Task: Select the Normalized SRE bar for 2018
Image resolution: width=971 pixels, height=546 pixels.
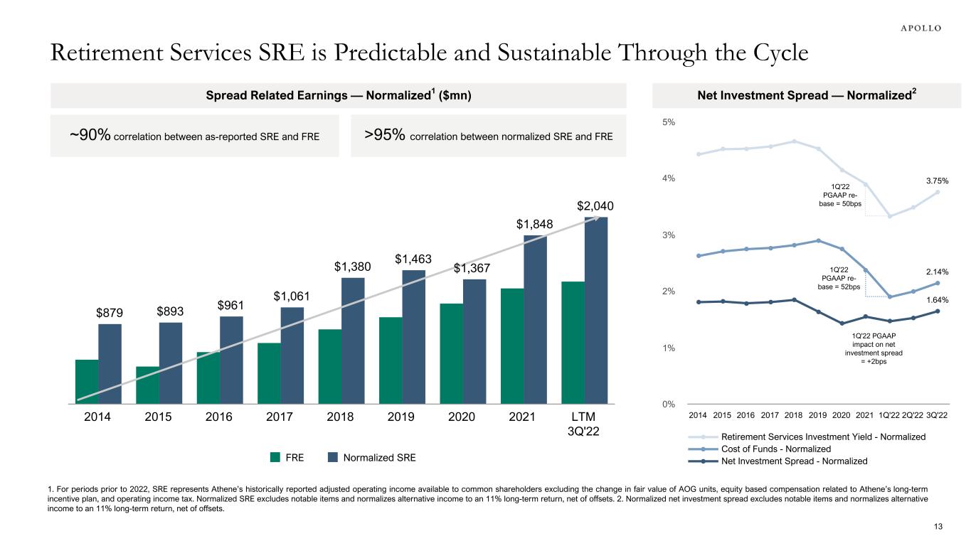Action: [353, 340]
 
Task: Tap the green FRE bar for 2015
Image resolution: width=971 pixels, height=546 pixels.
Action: [147, 385]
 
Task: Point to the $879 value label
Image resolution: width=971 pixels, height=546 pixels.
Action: [110, 313]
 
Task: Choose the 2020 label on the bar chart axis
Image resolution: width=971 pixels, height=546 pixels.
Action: [462, 417]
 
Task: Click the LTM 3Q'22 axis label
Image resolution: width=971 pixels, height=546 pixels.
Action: [585, 424]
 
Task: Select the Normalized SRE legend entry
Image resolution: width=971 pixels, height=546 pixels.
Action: [371, 458]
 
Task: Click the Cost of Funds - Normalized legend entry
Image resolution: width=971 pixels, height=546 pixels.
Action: [775, 449]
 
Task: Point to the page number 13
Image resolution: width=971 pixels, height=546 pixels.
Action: [937, 526]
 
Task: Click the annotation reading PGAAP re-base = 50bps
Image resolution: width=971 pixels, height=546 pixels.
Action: [840, 195]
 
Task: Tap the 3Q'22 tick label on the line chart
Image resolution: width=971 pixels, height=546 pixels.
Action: [938, 414]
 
